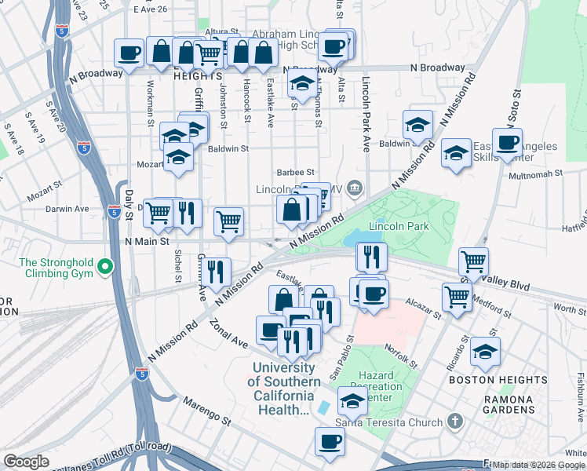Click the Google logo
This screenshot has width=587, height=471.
tap(26, 462)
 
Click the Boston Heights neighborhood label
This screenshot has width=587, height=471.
tap(498, 380)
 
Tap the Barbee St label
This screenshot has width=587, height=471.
tap(295, 172)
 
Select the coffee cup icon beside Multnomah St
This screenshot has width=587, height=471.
tap(507, 142)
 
